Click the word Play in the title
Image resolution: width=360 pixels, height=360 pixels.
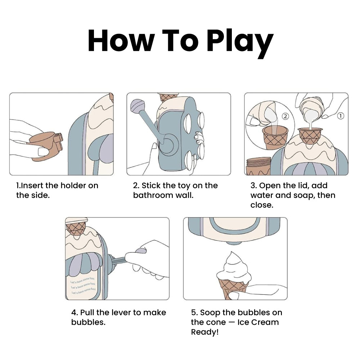click(x=240, y=43)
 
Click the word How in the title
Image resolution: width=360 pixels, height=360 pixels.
click(x=121, y=41)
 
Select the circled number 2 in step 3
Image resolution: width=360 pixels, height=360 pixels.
click(x=285, y=116)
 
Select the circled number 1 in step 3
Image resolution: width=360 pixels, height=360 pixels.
click(x=341, y=116)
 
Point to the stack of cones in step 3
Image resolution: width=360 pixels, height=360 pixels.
click(x=258, y=166)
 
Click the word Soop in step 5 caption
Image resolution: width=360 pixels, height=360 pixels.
click(x=210, y=312)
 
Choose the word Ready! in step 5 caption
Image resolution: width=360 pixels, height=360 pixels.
click(x=205, y=332)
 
